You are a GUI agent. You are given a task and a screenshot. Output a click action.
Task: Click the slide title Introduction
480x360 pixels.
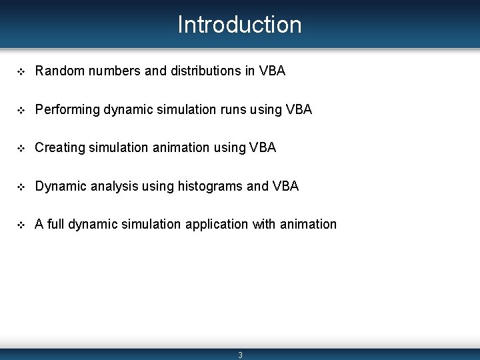[239, 25]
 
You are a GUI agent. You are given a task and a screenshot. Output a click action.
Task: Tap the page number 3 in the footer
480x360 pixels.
[240, 355]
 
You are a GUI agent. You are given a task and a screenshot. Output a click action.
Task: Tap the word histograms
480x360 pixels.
[210, 186]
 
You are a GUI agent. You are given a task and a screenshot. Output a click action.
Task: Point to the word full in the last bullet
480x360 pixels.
[56, 225]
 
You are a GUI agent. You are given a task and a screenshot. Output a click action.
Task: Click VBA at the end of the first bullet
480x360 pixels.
[271, 71]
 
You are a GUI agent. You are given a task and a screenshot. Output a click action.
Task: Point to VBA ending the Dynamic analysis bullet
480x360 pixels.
[285, 186]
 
